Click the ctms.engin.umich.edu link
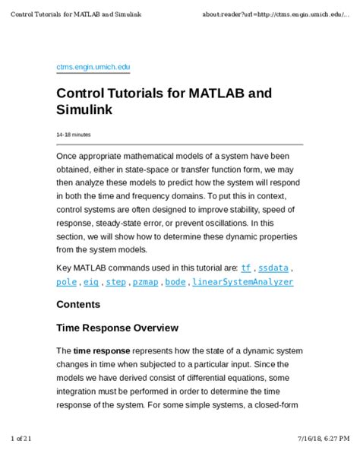click(x=93, y=68)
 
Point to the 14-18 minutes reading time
click(x=74, y=135)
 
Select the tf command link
click(x=246, y=268)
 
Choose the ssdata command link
click(x=273, y=268)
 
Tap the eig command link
click(x=91, y=282)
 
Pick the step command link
click(x=116, y=282)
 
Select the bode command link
click(x=175, y=282)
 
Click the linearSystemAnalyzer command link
click(x=242, y=282)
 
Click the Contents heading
click(x=78, y=305)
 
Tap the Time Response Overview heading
click(x=118, y=328)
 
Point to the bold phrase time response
click(x=102, y=351)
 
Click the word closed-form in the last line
click(x=279, y=417)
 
